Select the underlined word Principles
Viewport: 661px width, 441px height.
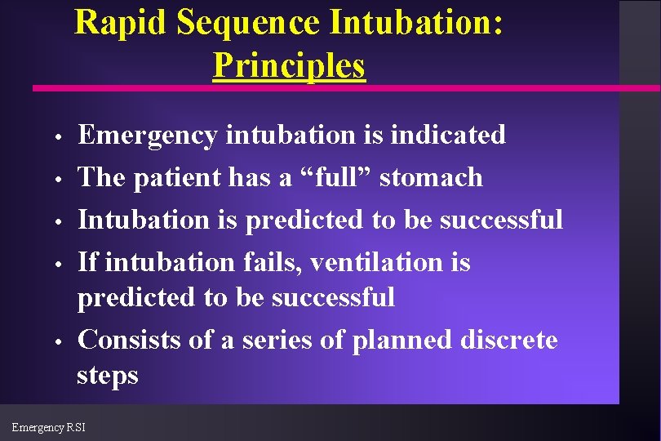(x=289, y=65)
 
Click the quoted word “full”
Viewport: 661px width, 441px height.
(x=335, y=176)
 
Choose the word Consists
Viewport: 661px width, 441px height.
(x=129, y=339)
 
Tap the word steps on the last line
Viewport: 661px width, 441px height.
(x=108, y=376)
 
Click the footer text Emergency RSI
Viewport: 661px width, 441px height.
(x=48, y=427)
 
